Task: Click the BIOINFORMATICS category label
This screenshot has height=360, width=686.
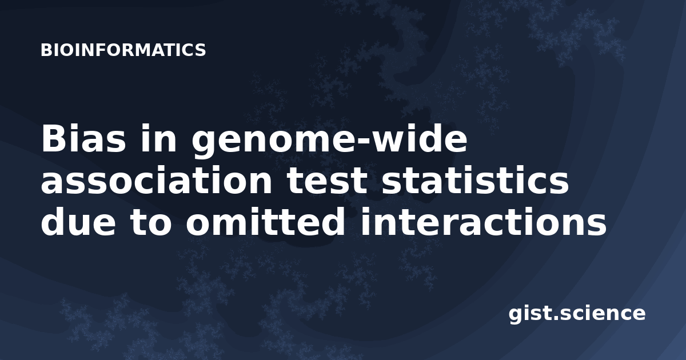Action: [x=123, y=50]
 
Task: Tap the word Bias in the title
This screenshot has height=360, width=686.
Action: [x=83, y=138]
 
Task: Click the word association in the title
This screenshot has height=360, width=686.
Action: [x=156, y=180]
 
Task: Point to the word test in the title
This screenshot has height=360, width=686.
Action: [x=326, y=181]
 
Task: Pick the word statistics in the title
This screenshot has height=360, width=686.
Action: [x=475, y=180]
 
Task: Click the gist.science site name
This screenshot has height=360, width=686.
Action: [x=577, y=314]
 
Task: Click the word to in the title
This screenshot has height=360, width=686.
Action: [x=151, y=222]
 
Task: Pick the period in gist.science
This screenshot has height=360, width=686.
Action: [x=555, y=318]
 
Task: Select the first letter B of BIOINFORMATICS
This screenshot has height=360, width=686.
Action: [x=46, y=50]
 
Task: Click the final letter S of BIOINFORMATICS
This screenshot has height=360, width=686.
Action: [x=201, y=50]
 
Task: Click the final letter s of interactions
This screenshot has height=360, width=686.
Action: [x=597, y=225]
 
